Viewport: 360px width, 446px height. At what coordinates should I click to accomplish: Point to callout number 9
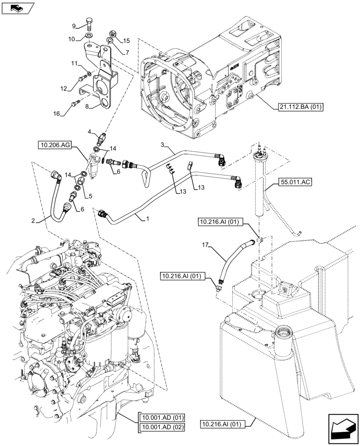click(x=74, y=25)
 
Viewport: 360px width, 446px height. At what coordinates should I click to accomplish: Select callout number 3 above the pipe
click(x=163, y=145)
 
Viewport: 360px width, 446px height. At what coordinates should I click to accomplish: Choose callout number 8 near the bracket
click(x=87, y=107)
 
